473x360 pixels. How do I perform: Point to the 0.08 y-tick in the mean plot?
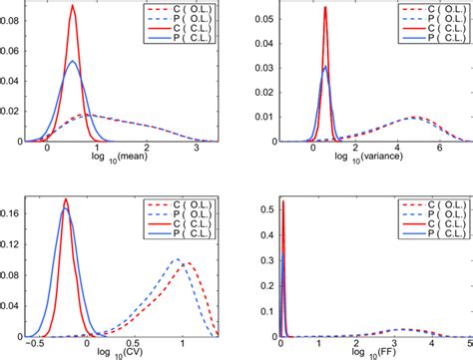pyautogui.click(x=14, y=18)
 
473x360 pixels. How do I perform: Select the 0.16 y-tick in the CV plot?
pyautogui.click(x=14, y=212)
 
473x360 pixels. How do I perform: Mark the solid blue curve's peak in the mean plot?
pyautogui.click(x=73, y=62)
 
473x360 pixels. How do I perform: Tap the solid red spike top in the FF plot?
pyautogui.click(x=282, y=201)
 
